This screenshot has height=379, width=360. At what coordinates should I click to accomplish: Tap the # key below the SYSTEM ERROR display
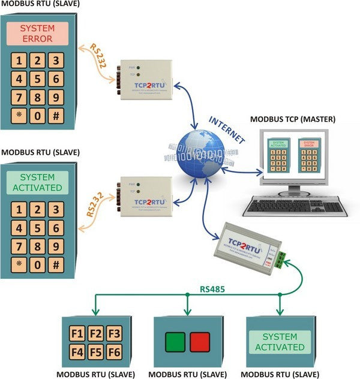(x=56, y=116)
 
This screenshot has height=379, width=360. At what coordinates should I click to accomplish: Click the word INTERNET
(x=227, y=129)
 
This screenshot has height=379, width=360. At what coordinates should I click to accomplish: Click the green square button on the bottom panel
(x=176, y=342)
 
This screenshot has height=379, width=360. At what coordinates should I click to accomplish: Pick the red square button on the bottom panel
(x=200, y=342)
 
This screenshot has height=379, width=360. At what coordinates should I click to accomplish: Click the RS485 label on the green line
(x=212, y=290)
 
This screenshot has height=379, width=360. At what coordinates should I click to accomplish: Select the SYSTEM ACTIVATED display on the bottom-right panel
(x=280, y=341)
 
